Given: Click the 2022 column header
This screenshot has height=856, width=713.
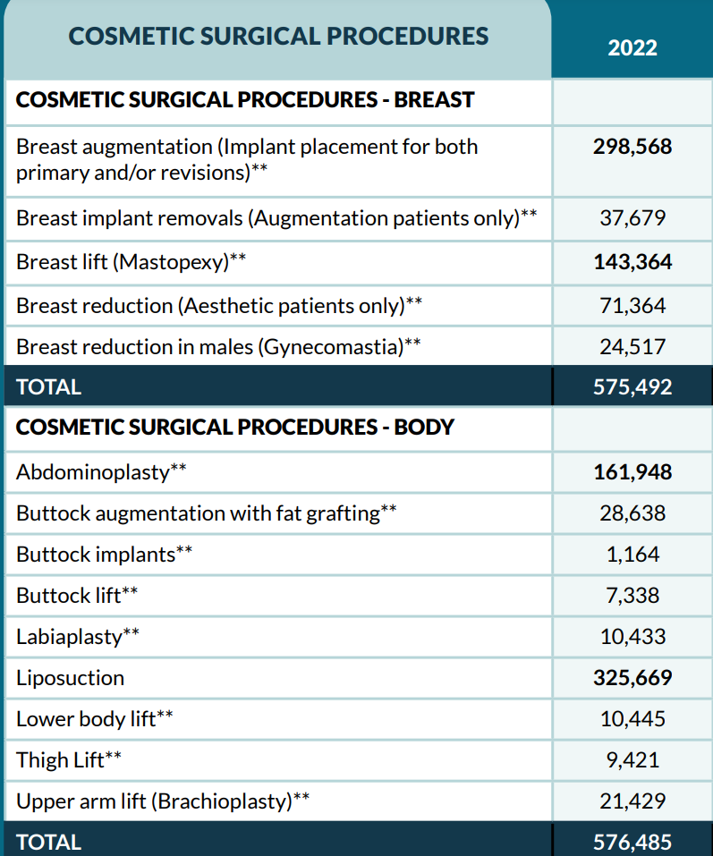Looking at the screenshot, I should (632, 47).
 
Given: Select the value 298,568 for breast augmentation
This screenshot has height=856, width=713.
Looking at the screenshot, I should (632, 147).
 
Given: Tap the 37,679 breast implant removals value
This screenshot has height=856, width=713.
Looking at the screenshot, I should (632, 217).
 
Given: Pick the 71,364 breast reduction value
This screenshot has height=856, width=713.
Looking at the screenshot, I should (632, 306).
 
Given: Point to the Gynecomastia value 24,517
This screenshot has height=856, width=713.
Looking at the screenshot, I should (632, 347).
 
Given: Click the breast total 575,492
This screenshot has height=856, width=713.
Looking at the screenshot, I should (632, 387).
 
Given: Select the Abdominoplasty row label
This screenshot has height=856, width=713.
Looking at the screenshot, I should (102, 472).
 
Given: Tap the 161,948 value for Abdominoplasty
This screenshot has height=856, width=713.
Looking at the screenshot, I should (632, 471).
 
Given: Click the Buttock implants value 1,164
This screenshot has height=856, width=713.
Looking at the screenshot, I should (632, 555).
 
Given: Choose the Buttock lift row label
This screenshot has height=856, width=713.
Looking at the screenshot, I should (78, 596).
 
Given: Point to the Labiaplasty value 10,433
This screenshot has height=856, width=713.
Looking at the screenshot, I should (632, 637).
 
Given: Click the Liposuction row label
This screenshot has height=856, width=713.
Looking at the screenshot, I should (71, 678).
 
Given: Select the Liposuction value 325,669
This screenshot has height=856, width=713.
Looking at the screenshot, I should (632, 678).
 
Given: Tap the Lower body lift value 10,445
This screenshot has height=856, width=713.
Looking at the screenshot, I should (632, 719).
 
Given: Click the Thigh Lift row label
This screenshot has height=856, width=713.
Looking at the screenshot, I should (69, 760).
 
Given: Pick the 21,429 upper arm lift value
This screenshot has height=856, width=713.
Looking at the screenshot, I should (632, 801).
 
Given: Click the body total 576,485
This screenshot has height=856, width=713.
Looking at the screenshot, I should (632, 842).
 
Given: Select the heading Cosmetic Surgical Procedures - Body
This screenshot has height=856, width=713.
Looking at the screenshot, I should (235, 428).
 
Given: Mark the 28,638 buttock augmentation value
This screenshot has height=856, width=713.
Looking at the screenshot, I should (632, 513).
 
